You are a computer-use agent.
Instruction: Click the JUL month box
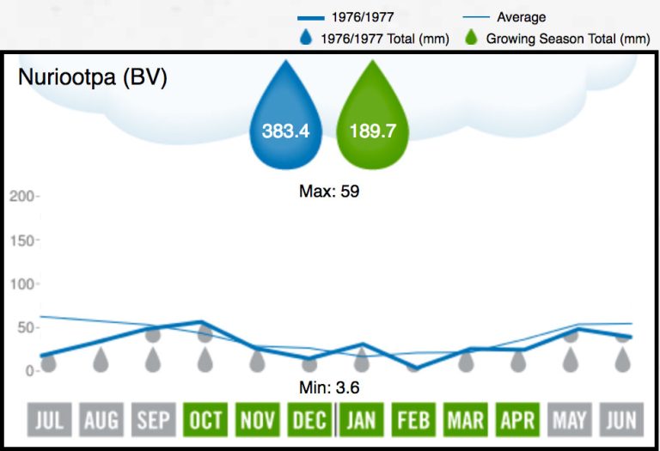(49, 420)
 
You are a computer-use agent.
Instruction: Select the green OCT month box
(205, 420)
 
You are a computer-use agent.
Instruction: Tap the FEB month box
(413, 420)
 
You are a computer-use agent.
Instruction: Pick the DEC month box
(309, 420)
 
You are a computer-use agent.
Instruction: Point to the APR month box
(518, 420)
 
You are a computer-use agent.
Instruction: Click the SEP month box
(153, 420)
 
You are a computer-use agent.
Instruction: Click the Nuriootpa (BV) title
(93, 77)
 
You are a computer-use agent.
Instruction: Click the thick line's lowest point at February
(414, 368)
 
